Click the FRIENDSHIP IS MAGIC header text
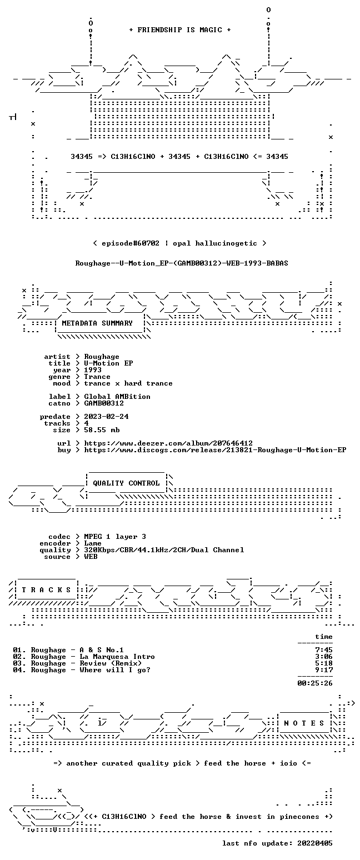pos(180,30)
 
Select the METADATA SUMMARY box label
pos(97,323)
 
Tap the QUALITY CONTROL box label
pos(126,483)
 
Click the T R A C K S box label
pos(47,589)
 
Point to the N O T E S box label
pos(304,723)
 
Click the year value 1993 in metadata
pos(93,370)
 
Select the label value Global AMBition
pos(117,397)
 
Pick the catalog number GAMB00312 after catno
pos(104,403)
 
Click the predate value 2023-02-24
pos(106,417)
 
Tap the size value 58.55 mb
pos(102,430)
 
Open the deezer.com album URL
pos(168,443)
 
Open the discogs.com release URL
pos(215,450)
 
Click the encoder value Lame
pos(93,544)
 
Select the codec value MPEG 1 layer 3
pos(115,537)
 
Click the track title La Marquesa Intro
pos(117,657)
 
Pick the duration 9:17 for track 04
pos(324,670)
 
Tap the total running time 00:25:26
pos(315,683)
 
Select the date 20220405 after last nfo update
pos(315,843)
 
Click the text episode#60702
pos(131,243)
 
